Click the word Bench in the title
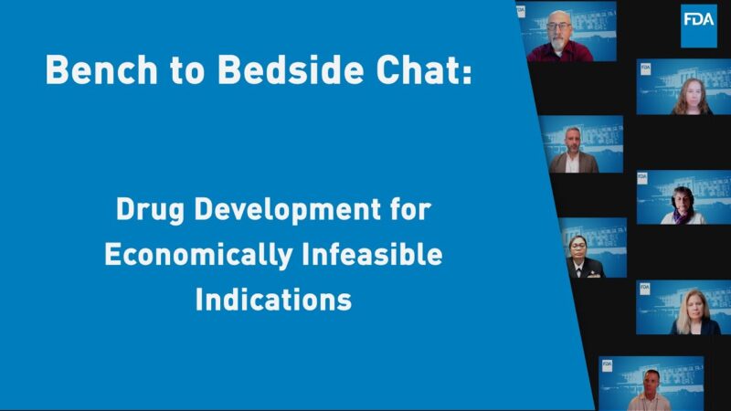click(x=94, y=70)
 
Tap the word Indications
click(x=273, y=300)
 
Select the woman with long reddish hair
click(x=691, y=95)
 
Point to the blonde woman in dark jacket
click(x=696, y=314)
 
